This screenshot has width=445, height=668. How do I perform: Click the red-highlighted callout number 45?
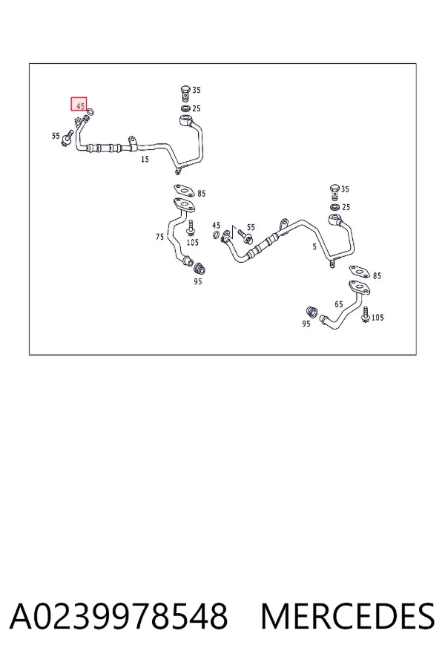pyautogui.click(x=79, y=105)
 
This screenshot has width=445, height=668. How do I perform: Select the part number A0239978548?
pyautogui.click(x=119, y=617)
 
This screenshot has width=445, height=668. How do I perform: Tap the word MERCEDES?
pyautogui.click(x=348, y=617)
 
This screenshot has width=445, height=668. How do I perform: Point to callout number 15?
pyautogui.click(x=145, y=160)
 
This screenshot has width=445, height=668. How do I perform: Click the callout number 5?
pyautogui.click(x=314, y=246)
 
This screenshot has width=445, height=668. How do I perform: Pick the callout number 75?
pyautogui.click(x=159, y=237)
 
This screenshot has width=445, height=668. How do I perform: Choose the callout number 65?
pyautogui.click(x=338, y=304)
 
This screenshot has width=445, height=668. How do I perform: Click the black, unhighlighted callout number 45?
pyautogui.click(x=217, y=225)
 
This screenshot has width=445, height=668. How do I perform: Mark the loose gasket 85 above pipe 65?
pyautogui.click(x=360, y=272)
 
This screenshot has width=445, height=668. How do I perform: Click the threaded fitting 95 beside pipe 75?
pyautogui.click(x=200, y=269)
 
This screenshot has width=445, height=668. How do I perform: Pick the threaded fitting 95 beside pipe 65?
pyautogui.click(x=312, y=312)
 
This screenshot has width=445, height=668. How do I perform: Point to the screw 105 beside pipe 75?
pyautogui.click(x=191, y=228)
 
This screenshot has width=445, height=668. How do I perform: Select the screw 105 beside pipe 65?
pyautogui.click(x=366, y=314)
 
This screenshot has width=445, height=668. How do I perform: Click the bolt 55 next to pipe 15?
pyautogui.click(x=67, y=139)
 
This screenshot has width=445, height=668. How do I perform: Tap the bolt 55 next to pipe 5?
pyautogui.click(x=245, y=235)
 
